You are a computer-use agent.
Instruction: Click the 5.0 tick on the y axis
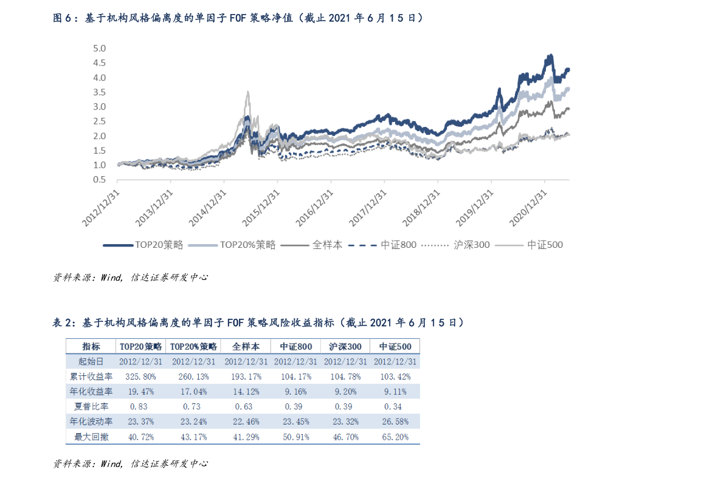pos(99,48)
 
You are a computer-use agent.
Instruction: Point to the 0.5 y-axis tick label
pos(99,180)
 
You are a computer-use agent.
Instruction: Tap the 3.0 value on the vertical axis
pos(99,107)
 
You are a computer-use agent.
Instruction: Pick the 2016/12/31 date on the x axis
pos(317,207)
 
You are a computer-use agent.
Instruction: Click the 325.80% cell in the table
pos(140,377)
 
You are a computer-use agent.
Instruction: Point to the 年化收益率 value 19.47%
pos(140,392)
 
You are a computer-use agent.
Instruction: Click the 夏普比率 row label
pos(91,406)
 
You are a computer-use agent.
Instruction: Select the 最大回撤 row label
pos(91,437)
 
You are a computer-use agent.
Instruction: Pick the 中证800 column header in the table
pos(296,347)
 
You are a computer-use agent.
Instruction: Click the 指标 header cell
pos(91,347)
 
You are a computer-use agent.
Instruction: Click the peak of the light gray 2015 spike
pos(247,92)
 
